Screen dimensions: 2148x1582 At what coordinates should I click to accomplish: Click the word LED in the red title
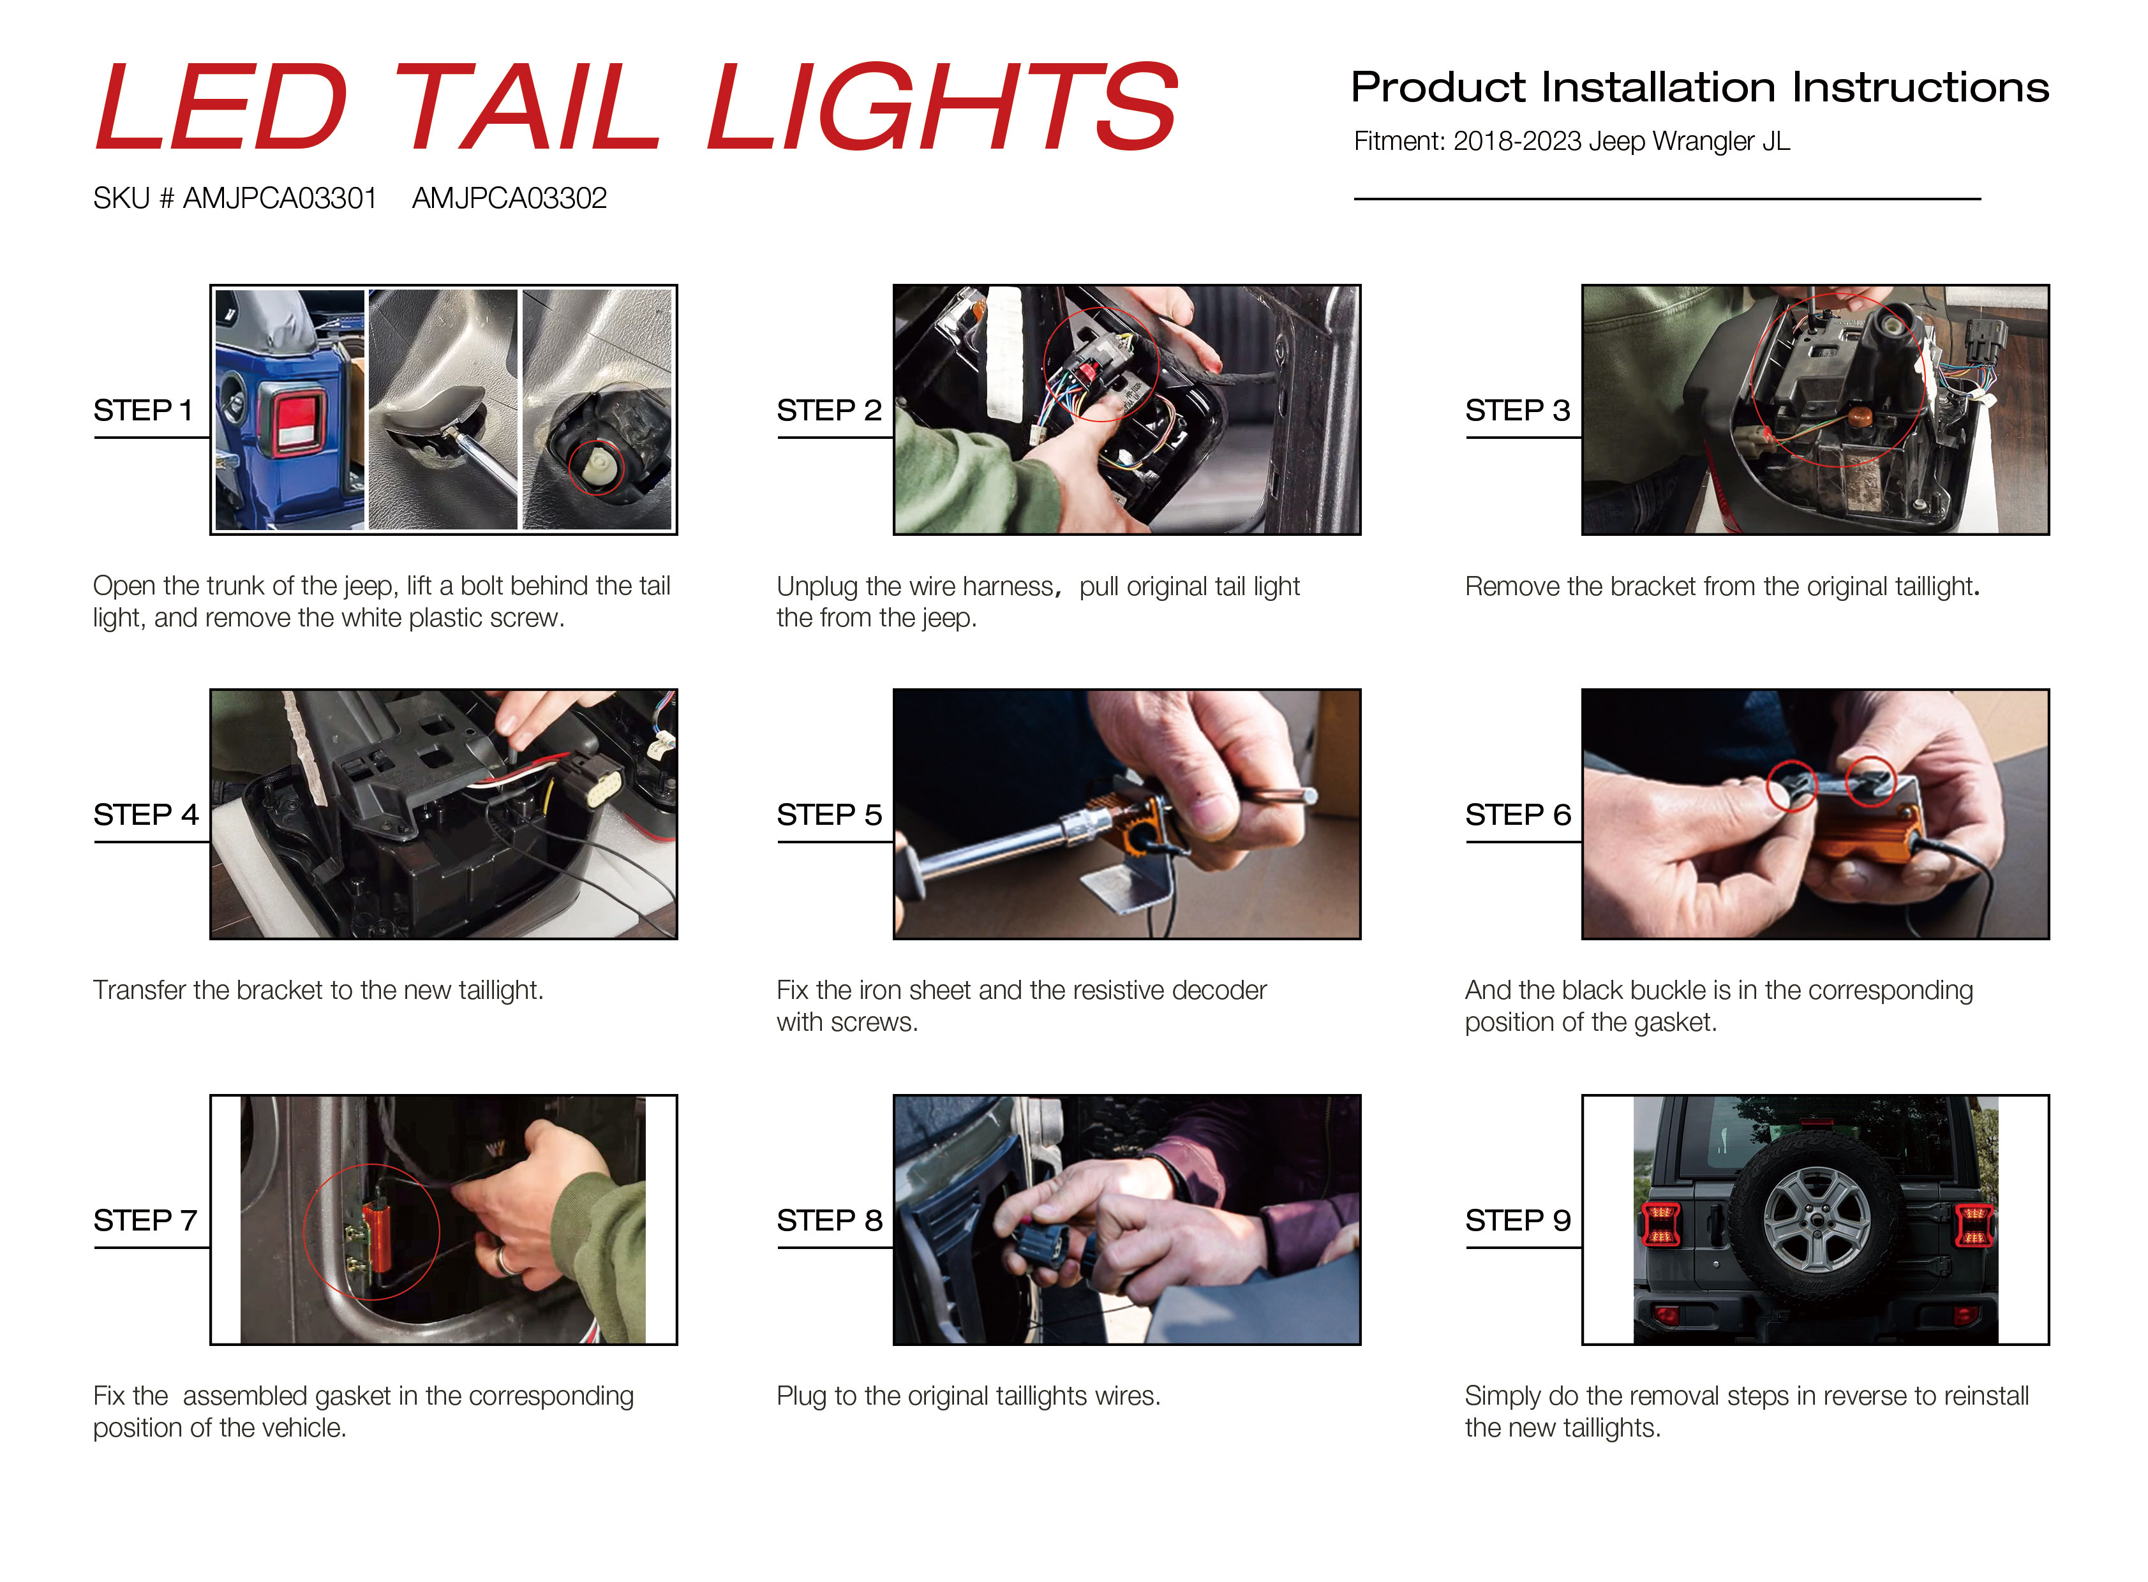(x=222, y=105)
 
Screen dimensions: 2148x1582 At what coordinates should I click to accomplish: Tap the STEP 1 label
(x=143, y=410)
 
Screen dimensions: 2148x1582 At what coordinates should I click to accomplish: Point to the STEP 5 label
(x=829, y=814)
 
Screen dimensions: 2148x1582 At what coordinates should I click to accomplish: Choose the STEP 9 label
(x=1518, y=1220)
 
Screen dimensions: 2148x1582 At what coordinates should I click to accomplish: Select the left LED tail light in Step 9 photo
(x=1660, y=1225)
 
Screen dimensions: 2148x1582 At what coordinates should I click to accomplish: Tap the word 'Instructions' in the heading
(x=1920, y=87)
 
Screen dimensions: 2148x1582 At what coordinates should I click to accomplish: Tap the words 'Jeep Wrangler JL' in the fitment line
(x=1689, y=141)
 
